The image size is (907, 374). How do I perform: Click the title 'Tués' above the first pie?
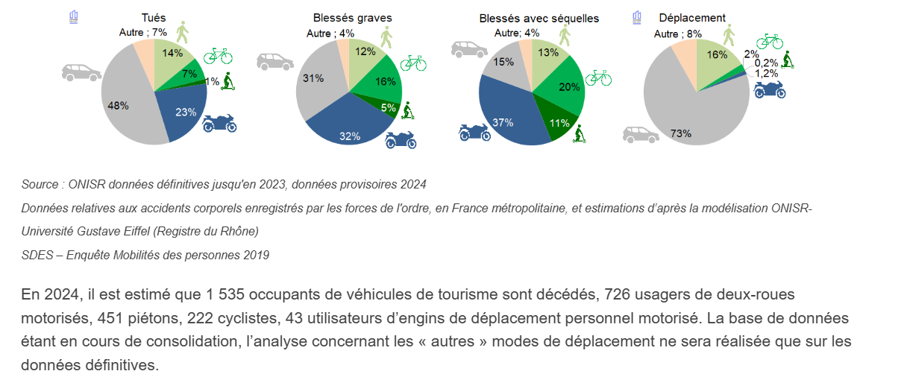154,17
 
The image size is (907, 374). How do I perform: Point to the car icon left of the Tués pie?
81,72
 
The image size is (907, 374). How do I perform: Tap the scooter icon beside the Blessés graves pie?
407,112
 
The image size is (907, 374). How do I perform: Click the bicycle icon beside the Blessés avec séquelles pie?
598,77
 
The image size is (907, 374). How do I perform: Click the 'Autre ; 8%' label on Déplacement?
678,34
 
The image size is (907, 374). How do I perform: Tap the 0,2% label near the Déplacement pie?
766,63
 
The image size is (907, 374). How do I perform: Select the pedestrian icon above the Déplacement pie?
728,34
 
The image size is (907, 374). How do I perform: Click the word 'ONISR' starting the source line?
84,184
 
